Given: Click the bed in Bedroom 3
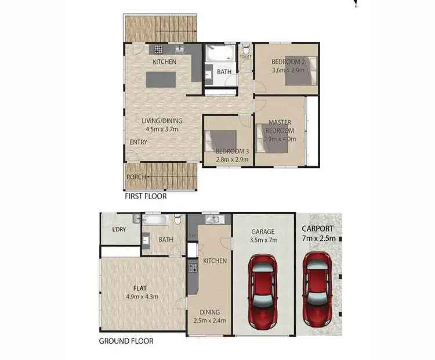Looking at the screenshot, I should coord(220,141).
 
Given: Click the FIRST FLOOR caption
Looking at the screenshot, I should coord(146,196).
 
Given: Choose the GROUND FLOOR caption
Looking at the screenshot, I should coord(126,341).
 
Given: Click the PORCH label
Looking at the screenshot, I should coord(136,177).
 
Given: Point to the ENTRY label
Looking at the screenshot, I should coord(139,142).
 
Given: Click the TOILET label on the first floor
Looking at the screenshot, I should coord(245,57).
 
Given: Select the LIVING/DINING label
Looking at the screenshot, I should coord(162,121).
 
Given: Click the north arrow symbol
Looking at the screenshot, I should coord(356,3).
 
